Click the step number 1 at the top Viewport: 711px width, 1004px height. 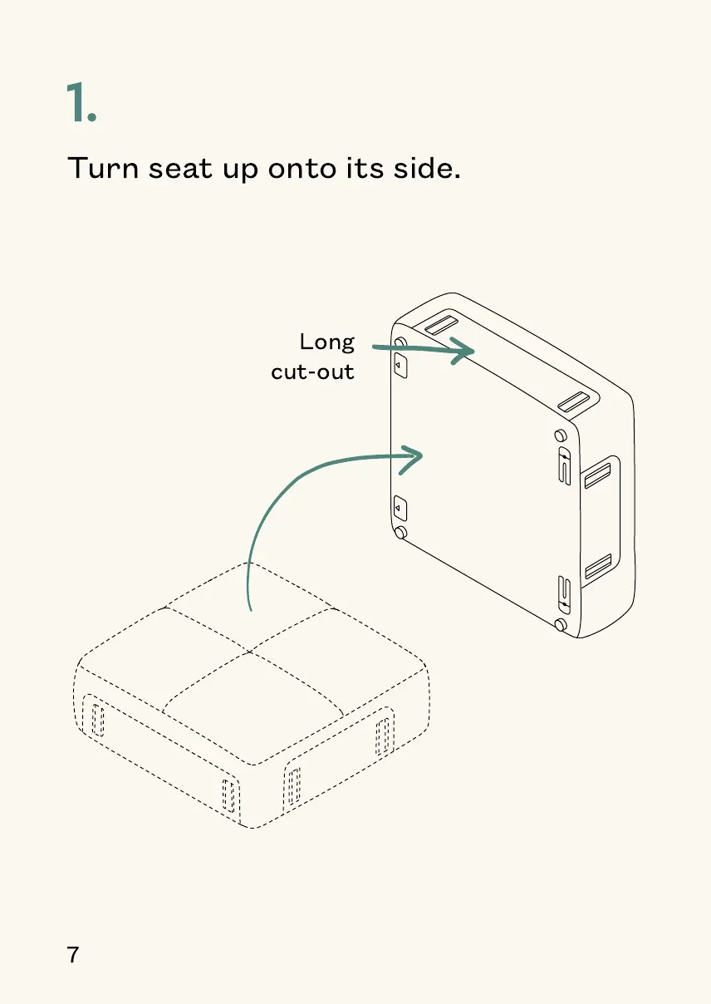point(81,104)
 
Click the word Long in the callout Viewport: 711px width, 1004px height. point(327,342)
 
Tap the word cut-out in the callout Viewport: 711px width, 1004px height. point(313,372)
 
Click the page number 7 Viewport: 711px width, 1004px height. point(73,955)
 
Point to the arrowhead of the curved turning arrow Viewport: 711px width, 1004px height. point(416,455)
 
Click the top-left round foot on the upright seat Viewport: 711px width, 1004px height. point(400,343)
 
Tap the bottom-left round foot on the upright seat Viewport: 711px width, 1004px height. point(400,532)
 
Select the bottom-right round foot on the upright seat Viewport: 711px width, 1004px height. point(561,624)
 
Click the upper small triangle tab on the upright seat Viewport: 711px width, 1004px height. point(400,365)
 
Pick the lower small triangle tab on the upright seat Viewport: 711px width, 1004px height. point(400,506)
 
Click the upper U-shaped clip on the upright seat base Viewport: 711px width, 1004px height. point(565,470)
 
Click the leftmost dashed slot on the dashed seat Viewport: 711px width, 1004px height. point(97,719)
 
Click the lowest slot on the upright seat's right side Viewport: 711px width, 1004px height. point(598,567)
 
